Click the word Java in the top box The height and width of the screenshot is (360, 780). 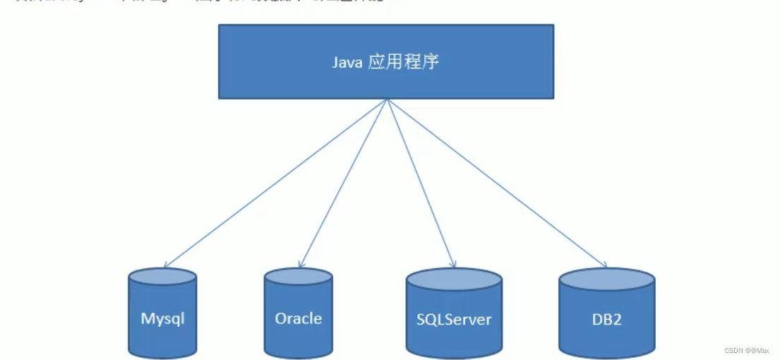(347, 62)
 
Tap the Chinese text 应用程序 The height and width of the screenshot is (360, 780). (404, 61)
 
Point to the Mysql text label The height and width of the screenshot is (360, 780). (162, 318)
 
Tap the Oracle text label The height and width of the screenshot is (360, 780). (298, 318)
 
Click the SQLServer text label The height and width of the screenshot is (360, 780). (453, 319)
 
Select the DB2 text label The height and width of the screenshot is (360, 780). (606, 319)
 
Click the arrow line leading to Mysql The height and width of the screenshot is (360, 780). (275, 183)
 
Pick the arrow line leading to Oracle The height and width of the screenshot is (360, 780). (343, 183)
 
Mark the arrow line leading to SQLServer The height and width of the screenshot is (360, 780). (419, 183)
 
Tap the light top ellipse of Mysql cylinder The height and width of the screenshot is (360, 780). (162, 276)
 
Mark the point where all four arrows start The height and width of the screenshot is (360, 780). (387, 100)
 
